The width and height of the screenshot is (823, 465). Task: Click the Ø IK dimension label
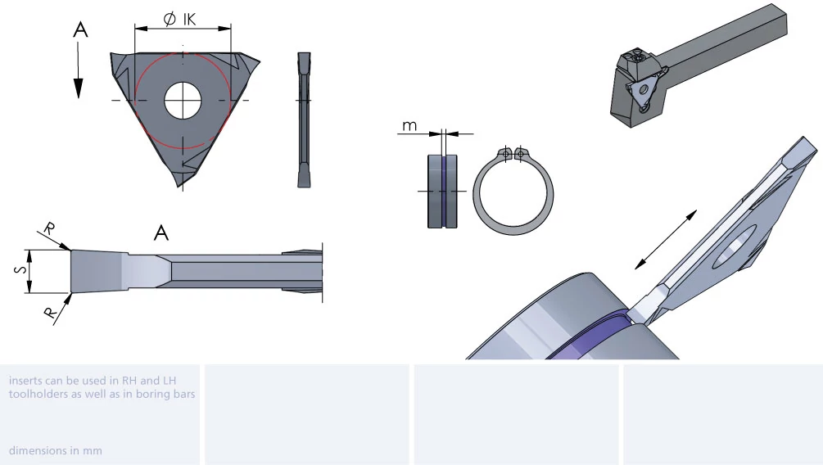[x=179, y=19]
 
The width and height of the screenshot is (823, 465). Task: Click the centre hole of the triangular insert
[x=183, y=100]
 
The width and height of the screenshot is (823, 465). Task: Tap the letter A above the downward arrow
[x=80, y=29]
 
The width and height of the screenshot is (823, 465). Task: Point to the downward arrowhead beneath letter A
[x=79, y=88]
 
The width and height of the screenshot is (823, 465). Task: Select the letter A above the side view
[x=161, y=232]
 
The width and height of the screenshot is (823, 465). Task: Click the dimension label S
[x=20, y=269]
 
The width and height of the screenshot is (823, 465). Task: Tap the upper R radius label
[x=49, y=229]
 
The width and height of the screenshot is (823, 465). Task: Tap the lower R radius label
[x=50, y=313]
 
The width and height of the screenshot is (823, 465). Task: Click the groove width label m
[x=409, y=126]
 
